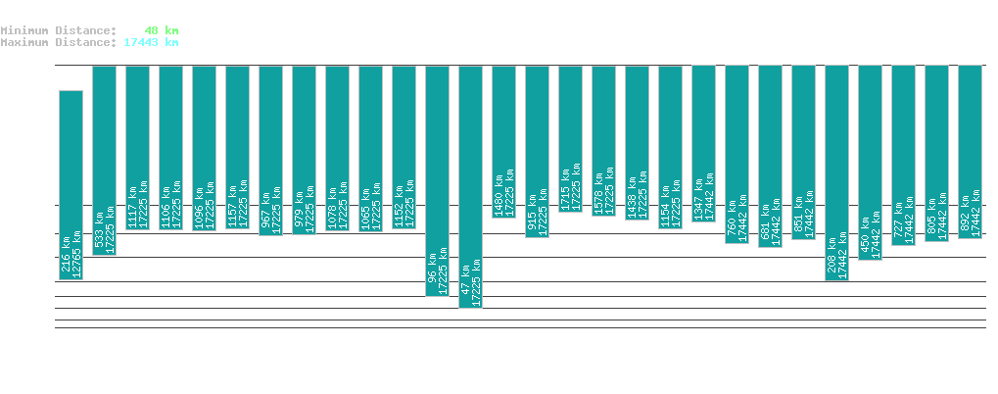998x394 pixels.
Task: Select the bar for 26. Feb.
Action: tap(470, 186)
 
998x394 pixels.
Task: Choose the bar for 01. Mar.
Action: tap(570, 138)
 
